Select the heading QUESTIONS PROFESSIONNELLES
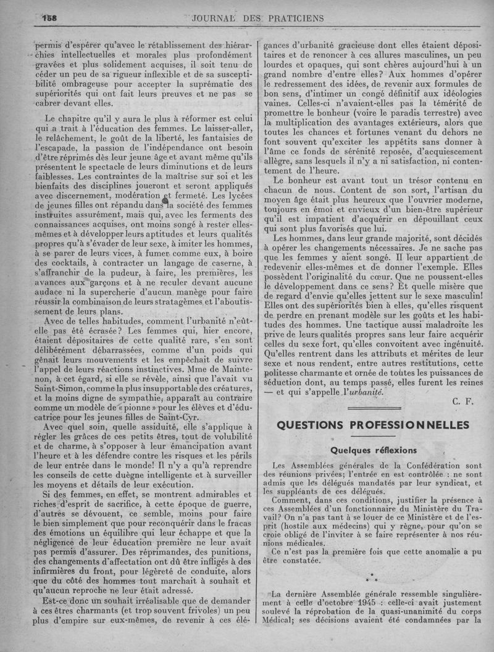tap(373, 425)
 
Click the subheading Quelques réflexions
tap(374, 450)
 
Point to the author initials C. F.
tap(463, 402)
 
